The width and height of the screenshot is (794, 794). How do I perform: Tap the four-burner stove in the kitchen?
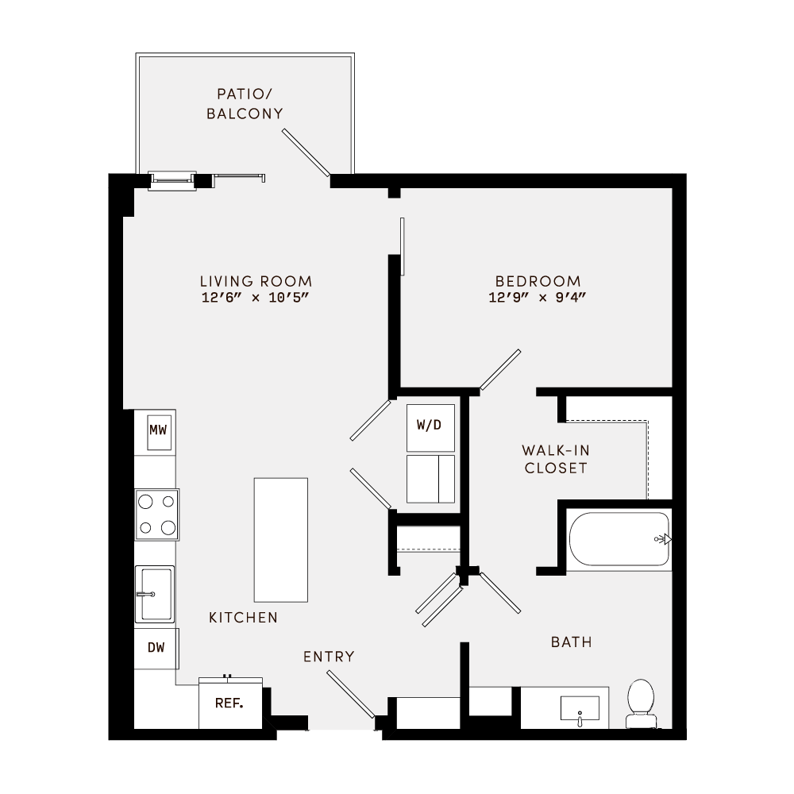coord(156,514)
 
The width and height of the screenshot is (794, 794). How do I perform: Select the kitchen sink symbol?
coord(155,594)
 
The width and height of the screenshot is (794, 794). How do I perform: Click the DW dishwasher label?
coord(156,648)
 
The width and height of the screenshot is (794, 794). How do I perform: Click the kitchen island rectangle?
coord(280,539)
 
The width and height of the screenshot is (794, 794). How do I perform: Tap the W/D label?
coord(429,425)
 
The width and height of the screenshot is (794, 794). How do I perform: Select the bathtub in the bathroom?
coord(620,539)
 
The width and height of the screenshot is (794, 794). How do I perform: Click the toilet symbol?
coord(640,703)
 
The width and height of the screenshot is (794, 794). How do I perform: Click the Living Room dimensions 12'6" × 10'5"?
coord(256,299)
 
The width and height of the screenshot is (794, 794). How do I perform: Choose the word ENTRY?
coord(329,657)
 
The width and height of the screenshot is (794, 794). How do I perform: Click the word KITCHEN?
coord(243,617)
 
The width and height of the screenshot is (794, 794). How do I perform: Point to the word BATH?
coord(572,642)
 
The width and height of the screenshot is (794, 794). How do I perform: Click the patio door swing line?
coord(306,152)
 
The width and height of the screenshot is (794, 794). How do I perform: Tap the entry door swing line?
coord(350,694)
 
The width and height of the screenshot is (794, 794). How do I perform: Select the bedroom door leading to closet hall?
coord(500,370)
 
